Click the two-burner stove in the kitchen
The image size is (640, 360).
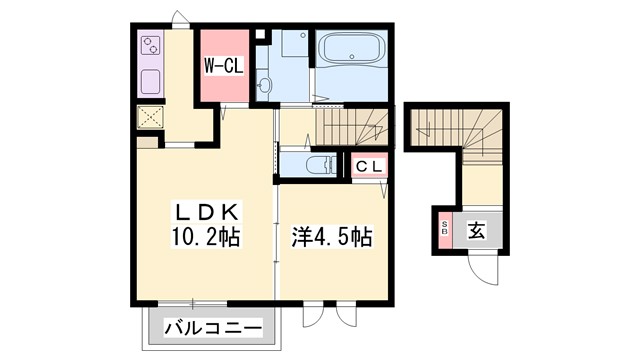click(153, 45)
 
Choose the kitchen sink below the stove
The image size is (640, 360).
click(152, 81)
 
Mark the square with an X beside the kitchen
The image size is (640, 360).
click(152, 117)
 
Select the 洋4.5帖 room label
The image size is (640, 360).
click(331, 238)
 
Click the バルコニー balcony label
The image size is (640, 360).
click(212, 327)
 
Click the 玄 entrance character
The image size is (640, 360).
click(477, 231)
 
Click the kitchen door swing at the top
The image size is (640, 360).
click(180, 20)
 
